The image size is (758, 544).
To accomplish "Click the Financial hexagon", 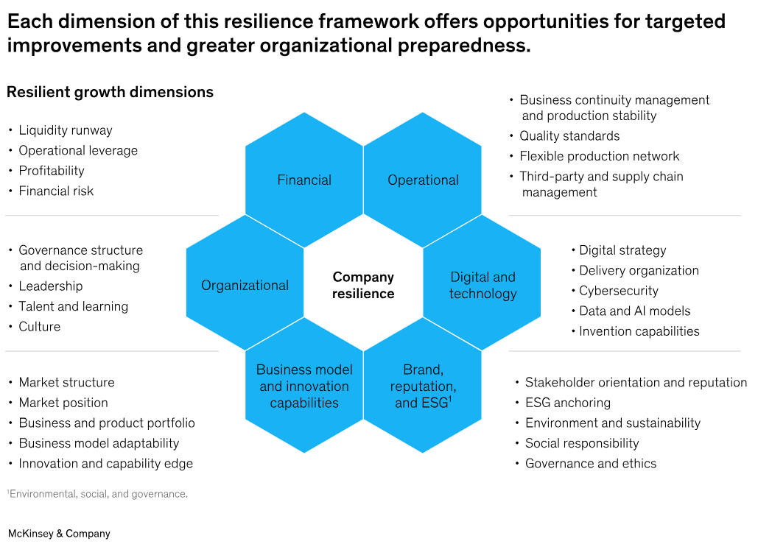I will [x=304, y=180].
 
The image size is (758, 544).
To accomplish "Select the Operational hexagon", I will [x=423, y=180].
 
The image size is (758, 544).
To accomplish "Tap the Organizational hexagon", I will [x=245, y=286].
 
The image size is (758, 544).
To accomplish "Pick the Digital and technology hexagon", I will [x=482, y=286].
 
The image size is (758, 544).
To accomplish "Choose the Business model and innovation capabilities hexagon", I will [x=304, y=386].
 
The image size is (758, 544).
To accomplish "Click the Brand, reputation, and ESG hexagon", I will [x=423, y=386].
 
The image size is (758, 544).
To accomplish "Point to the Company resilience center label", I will [x=363, y=286].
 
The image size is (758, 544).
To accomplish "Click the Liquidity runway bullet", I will [x=66, y=130].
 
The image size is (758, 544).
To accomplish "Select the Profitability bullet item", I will [x=52, y=171].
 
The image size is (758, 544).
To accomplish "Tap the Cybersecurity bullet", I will [x=619, y=291].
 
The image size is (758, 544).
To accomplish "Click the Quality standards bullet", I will [x=569, y=136].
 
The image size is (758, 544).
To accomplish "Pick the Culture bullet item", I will [x=40, y=327].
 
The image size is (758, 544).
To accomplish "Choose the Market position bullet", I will [x=63, y=403].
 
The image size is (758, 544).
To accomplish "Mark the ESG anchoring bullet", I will [x=568, y=403].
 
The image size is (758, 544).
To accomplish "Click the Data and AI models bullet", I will [x=635, y=311].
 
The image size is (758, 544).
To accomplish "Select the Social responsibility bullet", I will [x=582, y=443].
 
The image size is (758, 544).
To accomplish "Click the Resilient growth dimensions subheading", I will [x=110, y=93].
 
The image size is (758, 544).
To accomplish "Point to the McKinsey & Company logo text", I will [x=59, y=534].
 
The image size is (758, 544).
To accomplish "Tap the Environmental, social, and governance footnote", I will [x=99, y=494].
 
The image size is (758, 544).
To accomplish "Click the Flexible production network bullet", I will [x=600, y=156].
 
